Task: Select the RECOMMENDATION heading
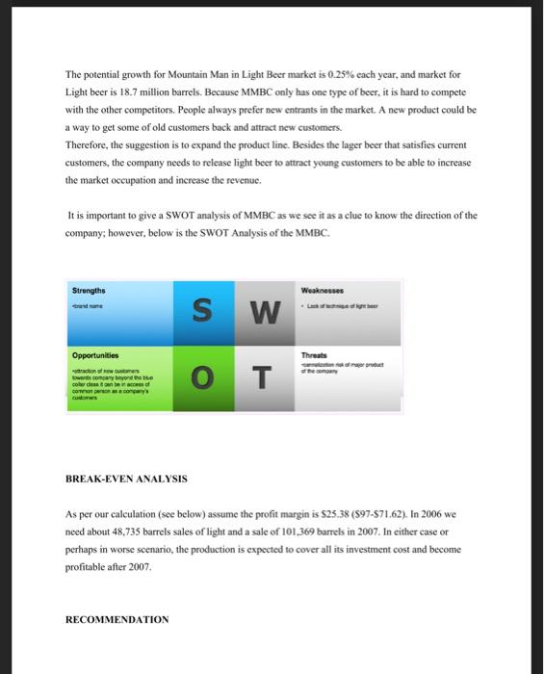point(117,620)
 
